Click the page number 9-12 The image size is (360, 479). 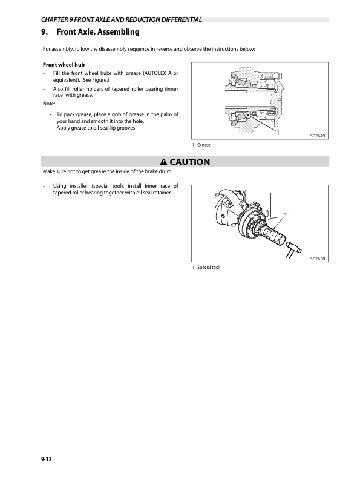(x=47, y=459)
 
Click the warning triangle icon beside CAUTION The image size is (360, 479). (x=164, y=162)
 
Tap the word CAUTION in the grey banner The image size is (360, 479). (x=189, y=162)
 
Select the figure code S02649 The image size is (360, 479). (x=318, y=136)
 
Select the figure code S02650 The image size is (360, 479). (x=318, y=259)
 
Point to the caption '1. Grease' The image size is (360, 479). (x=201, y=145)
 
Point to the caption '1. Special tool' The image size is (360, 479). (x=206, y=267)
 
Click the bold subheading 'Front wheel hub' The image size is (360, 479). (x=64, y=65)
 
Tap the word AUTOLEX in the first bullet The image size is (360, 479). (x=154, y=73)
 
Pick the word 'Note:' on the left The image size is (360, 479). (x=49, y=104)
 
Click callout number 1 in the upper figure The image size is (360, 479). (x=278, y=133)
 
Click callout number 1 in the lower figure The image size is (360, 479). (x=286, y=215)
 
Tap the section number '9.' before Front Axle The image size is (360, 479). (x=45, y=31)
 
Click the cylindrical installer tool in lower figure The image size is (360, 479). (x=273, y=236)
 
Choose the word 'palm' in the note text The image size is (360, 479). (x=165, y=114)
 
